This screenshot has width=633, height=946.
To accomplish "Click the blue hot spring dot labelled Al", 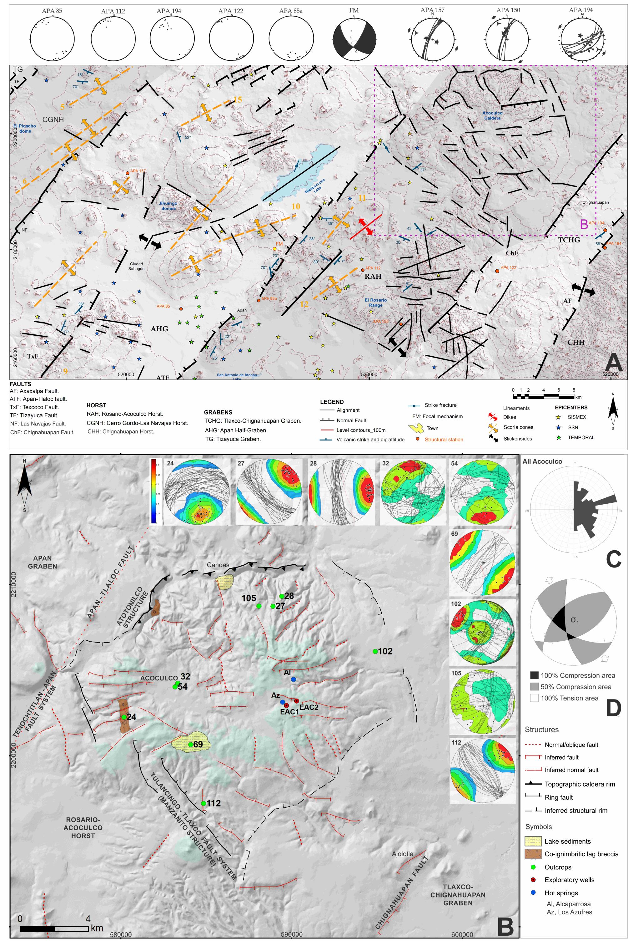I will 294,679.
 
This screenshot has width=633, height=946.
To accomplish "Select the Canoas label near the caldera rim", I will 218,565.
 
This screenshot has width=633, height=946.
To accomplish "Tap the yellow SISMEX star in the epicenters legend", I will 559,417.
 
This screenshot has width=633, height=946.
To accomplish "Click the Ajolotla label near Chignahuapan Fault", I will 403,853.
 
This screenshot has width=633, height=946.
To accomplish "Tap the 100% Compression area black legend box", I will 534,675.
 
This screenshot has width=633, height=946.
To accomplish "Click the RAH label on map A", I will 373,276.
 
